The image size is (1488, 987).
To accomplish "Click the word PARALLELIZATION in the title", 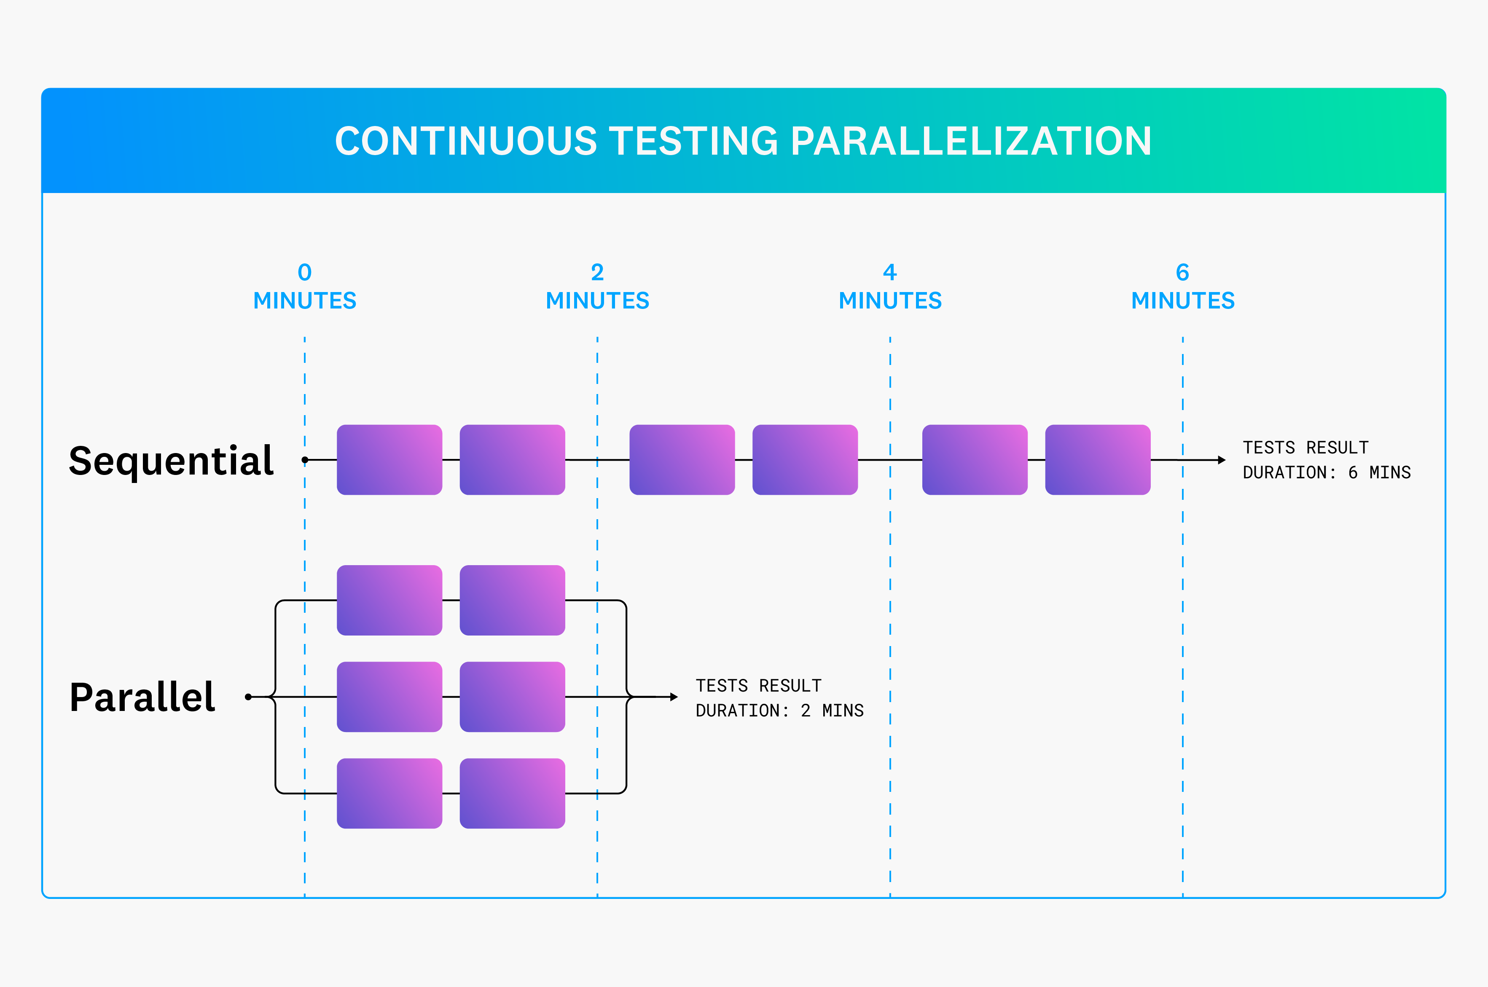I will (971, 141).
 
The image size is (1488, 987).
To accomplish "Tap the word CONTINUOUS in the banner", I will (466, 141).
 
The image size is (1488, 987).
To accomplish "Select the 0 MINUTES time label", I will (305, 287).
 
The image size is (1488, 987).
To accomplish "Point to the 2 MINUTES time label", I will (597, 287).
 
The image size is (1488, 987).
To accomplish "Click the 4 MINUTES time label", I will (890, 287).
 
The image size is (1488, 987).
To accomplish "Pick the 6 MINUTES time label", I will (1183, 287).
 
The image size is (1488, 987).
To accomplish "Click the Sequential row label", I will (171, 461).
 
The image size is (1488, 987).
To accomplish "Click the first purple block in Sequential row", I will (389, 459).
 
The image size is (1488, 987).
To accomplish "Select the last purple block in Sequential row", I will (1098, 459).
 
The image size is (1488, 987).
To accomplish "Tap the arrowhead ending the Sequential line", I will (1222, 460).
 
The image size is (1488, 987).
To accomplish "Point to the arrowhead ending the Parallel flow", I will (674, 697).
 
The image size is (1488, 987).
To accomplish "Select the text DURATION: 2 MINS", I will (779, 711).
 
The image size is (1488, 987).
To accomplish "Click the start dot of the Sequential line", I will (305, 460).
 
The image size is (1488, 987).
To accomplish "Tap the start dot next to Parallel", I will (249, 697).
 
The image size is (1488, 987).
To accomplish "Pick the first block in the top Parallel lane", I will (389, 600).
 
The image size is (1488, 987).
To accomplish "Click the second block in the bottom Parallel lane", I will (512, 793).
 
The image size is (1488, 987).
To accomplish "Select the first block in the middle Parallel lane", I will (389, 697).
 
